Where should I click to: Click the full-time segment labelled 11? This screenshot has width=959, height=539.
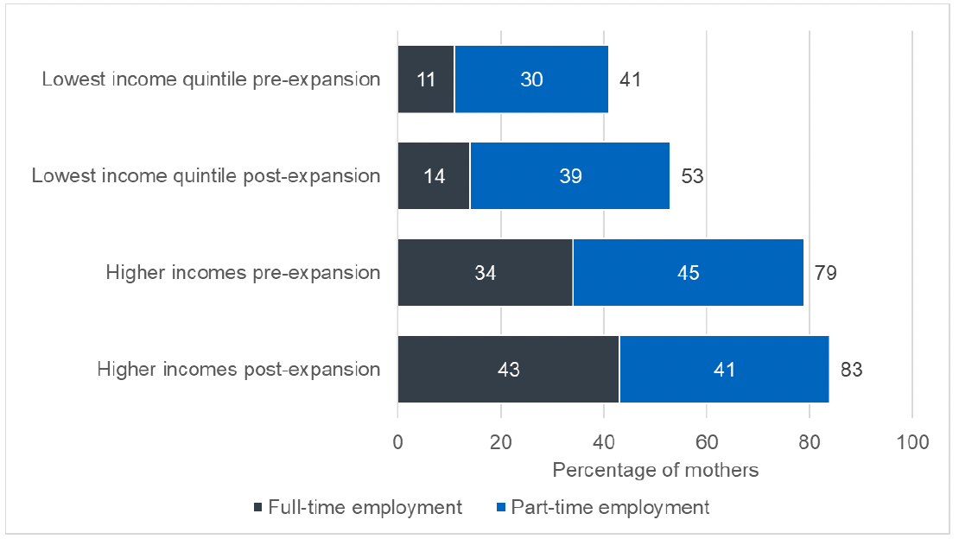(426, 79)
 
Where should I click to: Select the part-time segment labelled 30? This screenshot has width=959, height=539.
(531, 79)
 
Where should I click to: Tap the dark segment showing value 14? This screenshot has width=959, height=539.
(433, 176)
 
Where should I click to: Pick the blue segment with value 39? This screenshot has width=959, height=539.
(569, 176)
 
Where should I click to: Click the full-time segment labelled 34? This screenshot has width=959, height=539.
(485, 273)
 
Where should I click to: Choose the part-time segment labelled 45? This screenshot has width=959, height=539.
(688, 273)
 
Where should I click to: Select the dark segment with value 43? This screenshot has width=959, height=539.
(508, 370)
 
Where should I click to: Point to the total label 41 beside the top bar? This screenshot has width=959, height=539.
(631, 79)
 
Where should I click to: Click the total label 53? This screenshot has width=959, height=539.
(692, 176)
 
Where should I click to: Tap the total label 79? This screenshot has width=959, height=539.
(825, 273)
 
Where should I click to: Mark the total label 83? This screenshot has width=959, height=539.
(851, 370)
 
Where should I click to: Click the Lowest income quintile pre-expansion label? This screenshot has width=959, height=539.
(211, 79)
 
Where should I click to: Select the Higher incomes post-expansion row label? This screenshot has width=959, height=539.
(238, 370)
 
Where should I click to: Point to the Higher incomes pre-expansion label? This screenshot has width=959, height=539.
(243, 273)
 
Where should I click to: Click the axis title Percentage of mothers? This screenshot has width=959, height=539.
(655, 471)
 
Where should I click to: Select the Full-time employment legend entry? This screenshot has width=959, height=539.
(358, 507)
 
